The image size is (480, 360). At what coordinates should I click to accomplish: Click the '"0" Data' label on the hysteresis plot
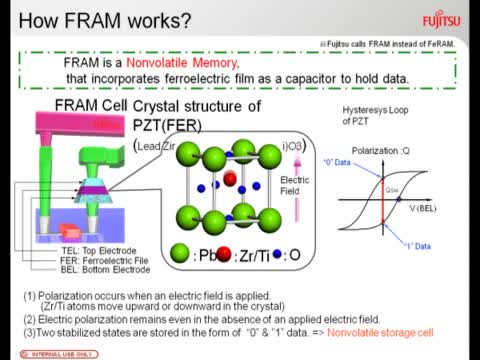(x=350, y=163)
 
